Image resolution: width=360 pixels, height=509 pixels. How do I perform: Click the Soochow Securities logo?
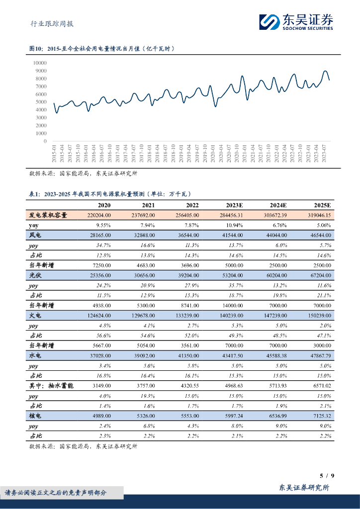[x=295, y=22]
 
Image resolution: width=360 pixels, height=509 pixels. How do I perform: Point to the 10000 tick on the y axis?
[x=40, y=63]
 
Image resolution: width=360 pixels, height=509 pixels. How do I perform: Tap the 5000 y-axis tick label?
[x=41, y=102]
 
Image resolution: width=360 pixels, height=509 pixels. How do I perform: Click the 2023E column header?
[x=232, y=205]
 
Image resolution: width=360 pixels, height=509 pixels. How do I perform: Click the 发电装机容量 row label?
[x=47, y=215]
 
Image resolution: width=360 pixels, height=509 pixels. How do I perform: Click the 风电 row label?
[x=35, y=235]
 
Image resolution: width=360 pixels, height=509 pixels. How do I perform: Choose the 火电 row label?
[x=35, y=316]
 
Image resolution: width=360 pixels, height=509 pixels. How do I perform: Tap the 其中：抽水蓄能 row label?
[x=52, y=386]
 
